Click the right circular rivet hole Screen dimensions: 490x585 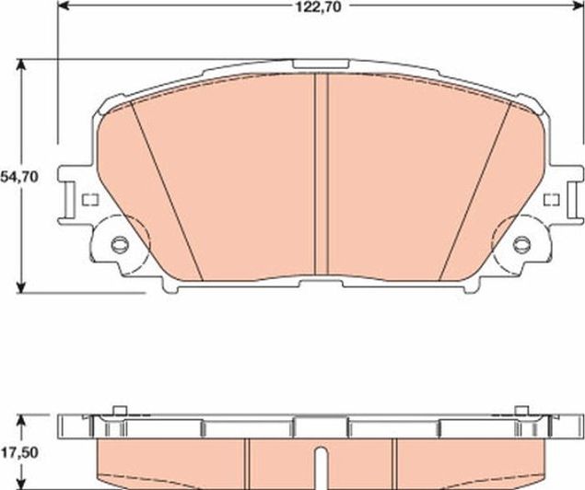point(521,245)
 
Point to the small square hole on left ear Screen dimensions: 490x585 point(89,200)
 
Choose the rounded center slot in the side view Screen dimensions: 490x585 point(320,465)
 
